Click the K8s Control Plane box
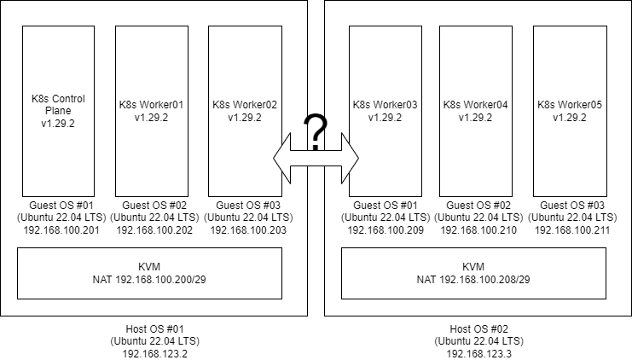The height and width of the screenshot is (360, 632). pyautogui.click(x=58, y=110)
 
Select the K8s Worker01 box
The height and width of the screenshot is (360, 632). pyautogui.click(x=152, y=110)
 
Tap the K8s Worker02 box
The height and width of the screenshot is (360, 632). pyautogui.click(x=245, y=110)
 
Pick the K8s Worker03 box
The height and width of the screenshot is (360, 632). pyautogui.click(x=386, y=110)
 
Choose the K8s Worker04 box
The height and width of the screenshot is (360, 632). pyautogui.click(x=475, y=110)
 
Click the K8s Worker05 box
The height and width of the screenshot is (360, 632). pyautogui.click(x=570, y=110)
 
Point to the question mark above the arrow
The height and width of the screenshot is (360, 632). pyautogui.click(x=316, y=132)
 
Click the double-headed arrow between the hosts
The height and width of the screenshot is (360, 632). pyautogui.click(x=316, y=157)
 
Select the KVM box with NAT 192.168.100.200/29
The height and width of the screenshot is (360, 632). pyautogui.click(x=149, y=273)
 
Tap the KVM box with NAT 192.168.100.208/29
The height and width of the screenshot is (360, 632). pyautogui.click(x=473, y=273)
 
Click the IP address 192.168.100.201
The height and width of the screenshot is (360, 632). pyautogui.click(x=58, y=229)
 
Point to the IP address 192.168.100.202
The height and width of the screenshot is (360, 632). pyautogui.click(x=152, y=229)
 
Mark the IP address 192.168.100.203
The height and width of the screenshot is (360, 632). pyautogui.click(x=245, y=229)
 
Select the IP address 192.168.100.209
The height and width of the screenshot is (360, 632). pyautogui.click(x=386, y=229)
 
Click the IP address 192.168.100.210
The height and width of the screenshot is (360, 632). pyautogui.click(x=475, y=229)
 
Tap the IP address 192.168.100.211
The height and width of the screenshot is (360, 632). pyautogui.click(x=570, y=229)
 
